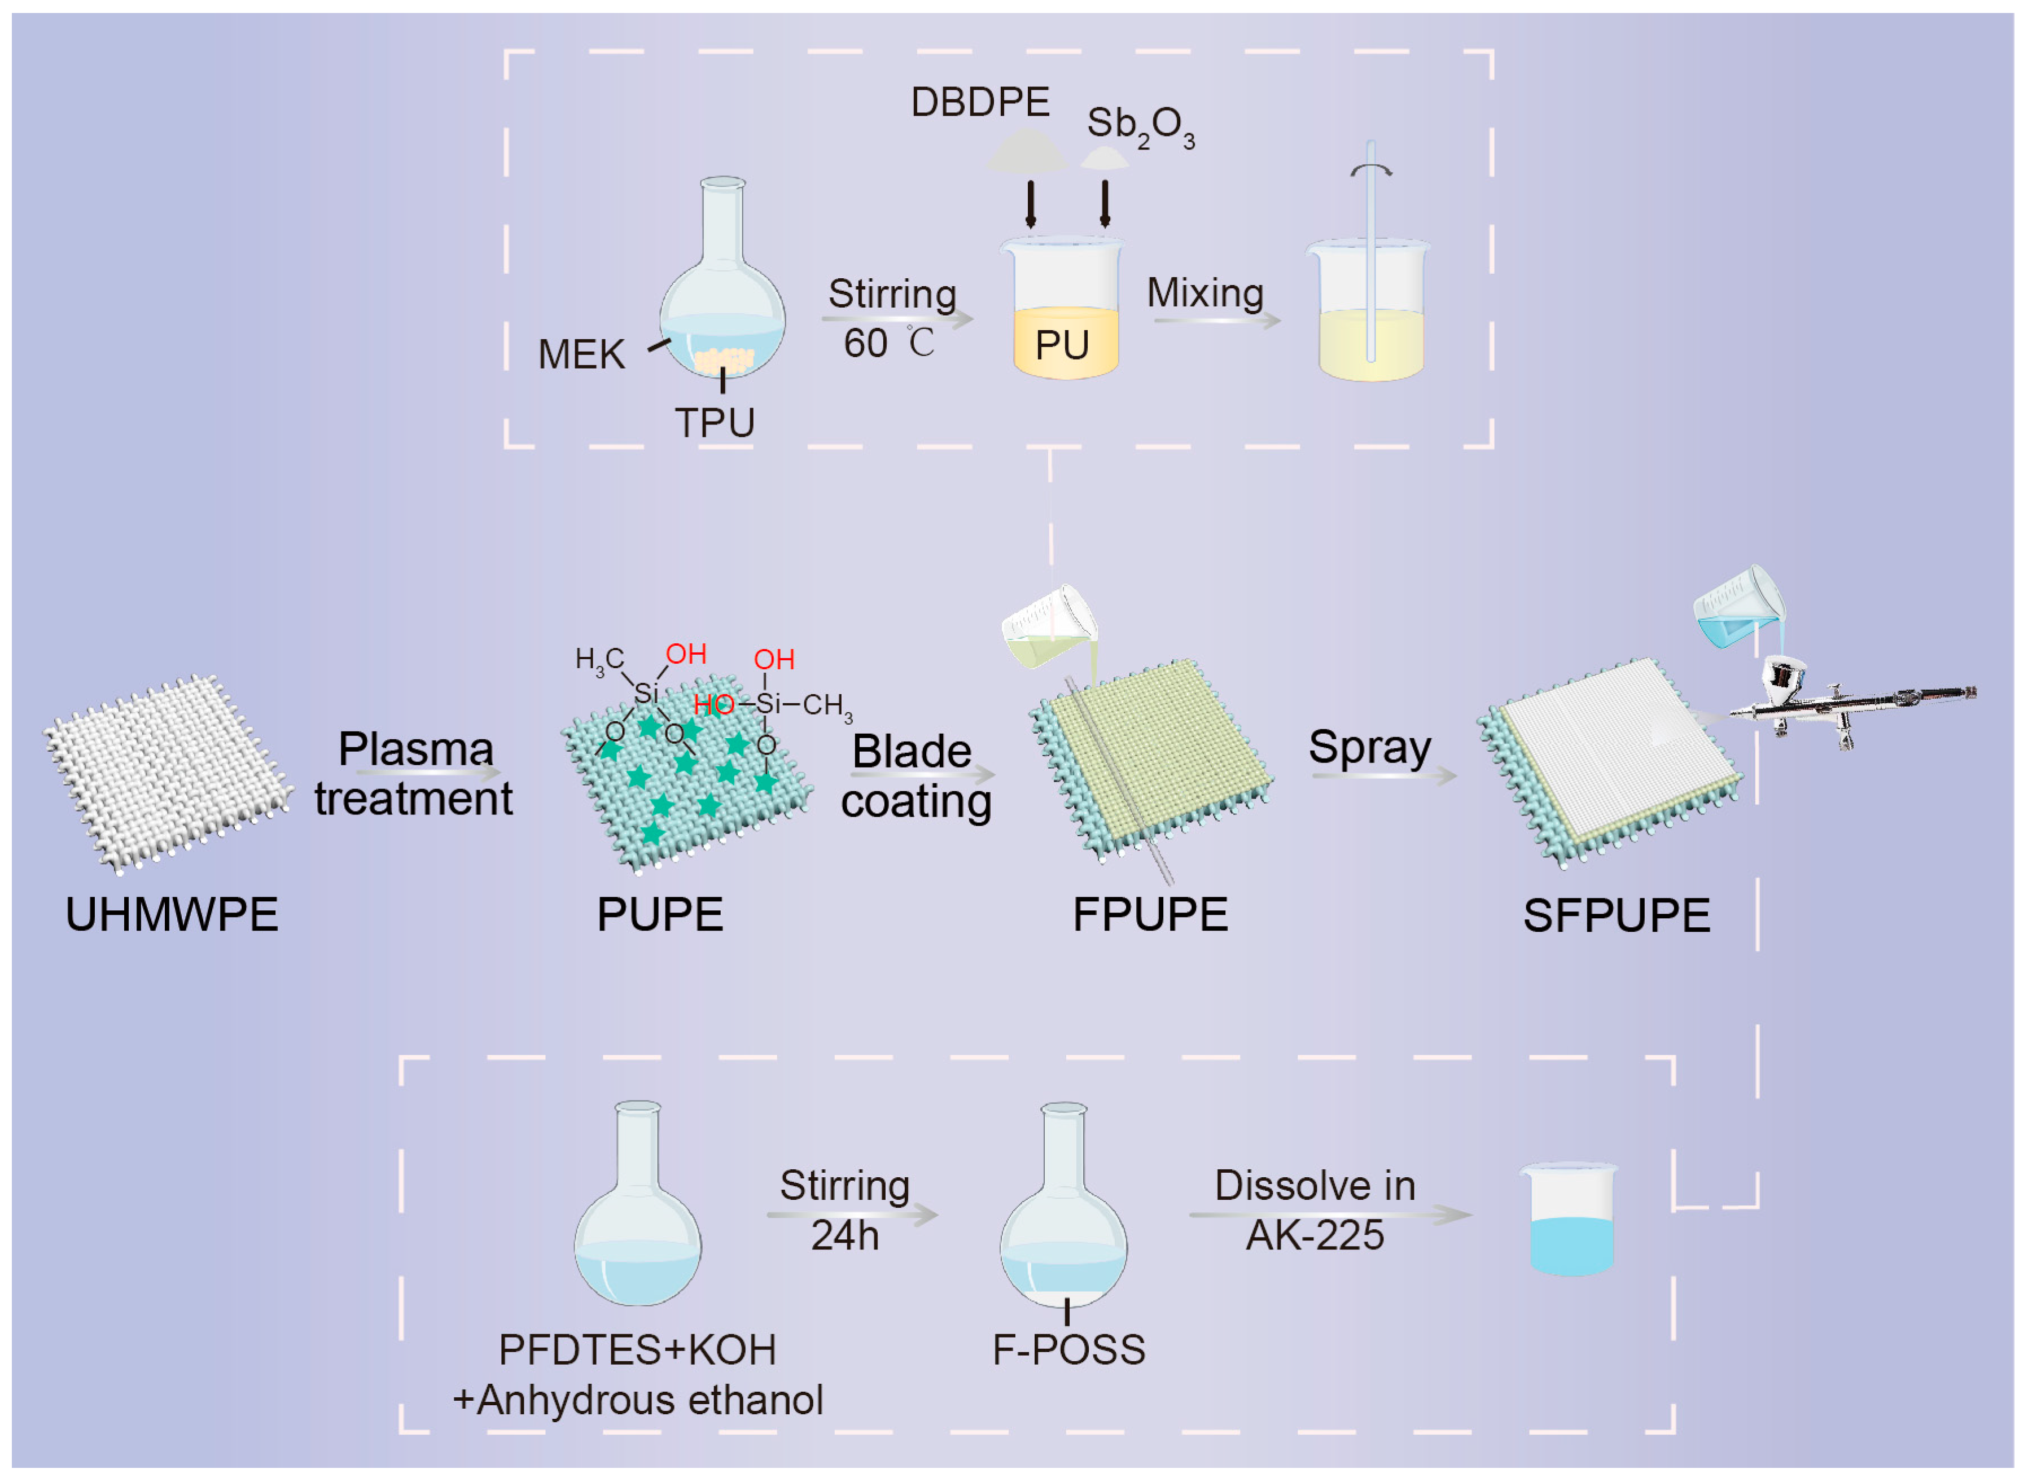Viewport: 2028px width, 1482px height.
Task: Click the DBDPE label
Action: pyautogui.click(x=979, y=102)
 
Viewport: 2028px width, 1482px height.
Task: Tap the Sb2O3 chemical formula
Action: pyautogui.click(x=1139, y=126)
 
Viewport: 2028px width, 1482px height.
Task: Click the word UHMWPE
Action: pyautogui.click(x=172, y=915)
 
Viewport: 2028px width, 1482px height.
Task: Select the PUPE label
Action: pyautogui.click(x=660, y=915)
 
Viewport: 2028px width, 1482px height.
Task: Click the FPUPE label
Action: pyautogui.click(x=1150, y=915)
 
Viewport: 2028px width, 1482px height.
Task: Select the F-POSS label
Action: pyautogui.click(x=1068, y=1350)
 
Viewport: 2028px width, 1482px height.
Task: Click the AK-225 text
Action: pyautogui.click(x=1315, y=1236)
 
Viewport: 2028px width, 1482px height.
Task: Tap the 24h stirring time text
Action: pyautogui.click(x=844, y=1236)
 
